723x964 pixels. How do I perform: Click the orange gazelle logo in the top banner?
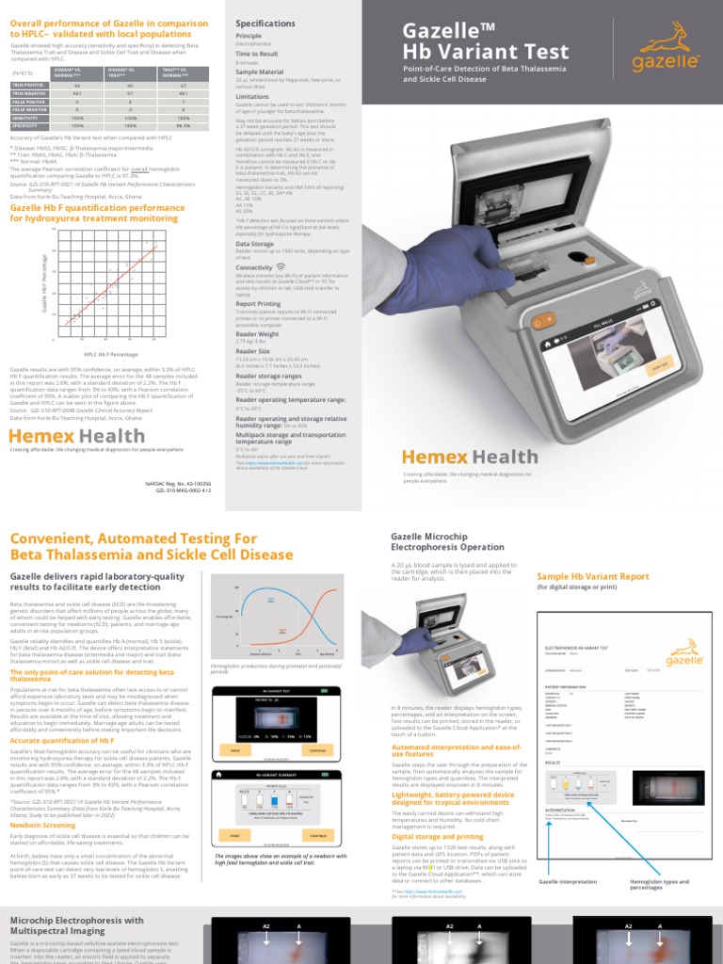(x=663, y=49)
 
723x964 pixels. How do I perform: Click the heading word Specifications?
(x=265, y=23)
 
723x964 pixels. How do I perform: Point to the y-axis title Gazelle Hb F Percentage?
(x=44, y=282)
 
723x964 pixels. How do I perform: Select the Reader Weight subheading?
(x=257, y=333)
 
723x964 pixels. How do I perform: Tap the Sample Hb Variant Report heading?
(x=592, y=575)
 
